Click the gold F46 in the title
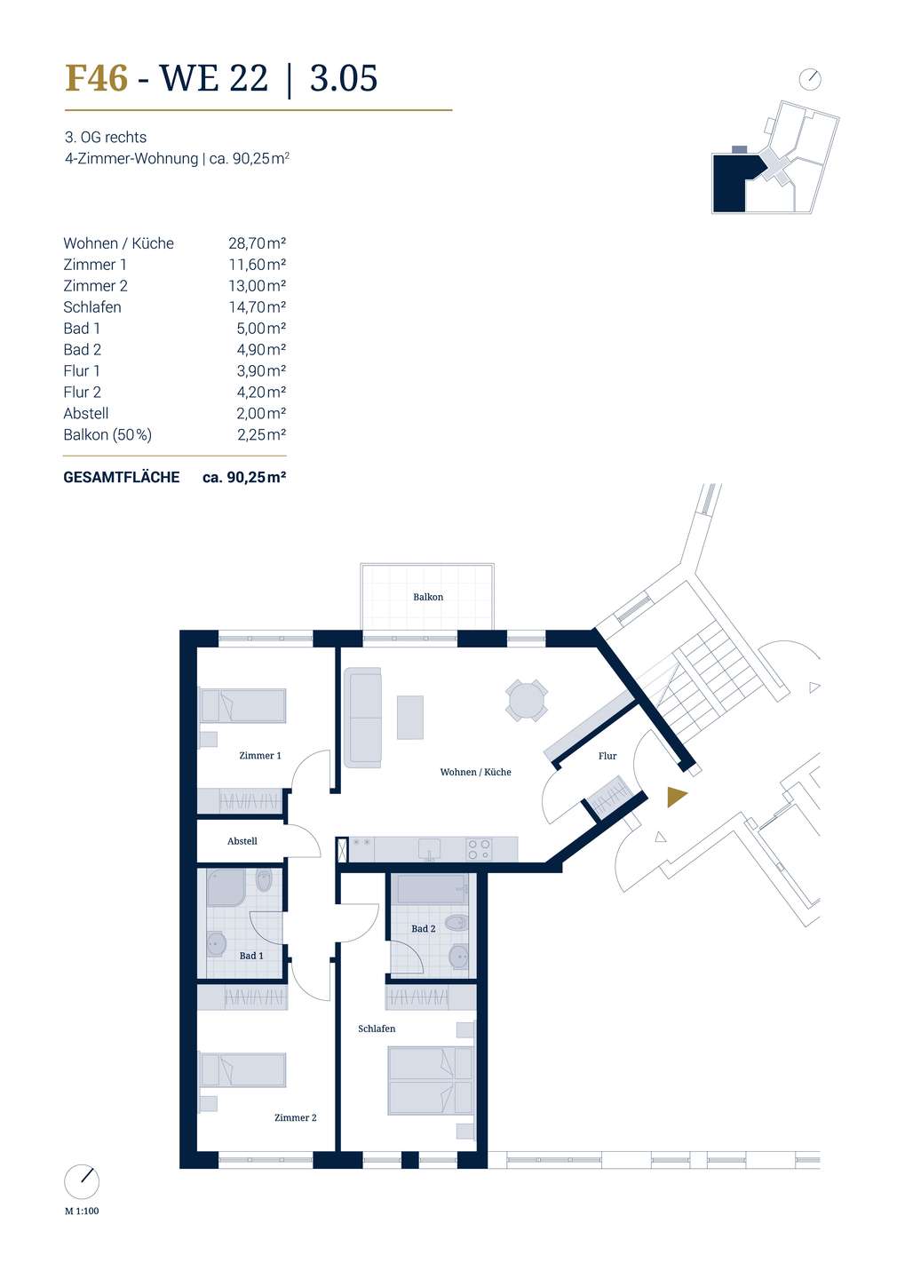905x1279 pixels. pyautogui.click(x=96, y=78)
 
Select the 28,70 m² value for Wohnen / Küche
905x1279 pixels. pyautogui.click(x=257, y=243)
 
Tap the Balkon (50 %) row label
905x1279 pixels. pyautogui.click(x=107, y=435)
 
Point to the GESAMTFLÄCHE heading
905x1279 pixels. pyautogui.click(x=121, y=477)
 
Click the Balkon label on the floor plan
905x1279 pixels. pyautogui.click(x=428, y=597)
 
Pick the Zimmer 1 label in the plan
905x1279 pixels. pyautogui.click(x=260, y=755)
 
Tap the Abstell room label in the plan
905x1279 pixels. pyautogui.click(x=242, y=841)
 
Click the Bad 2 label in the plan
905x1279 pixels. pyautogui.click(x=423, y=928)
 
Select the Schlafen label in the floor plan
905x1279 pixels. pyautogui.click(x=377, y=1029)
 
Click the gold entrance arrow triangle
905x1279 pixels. pyautogui.click(x=675, y=797)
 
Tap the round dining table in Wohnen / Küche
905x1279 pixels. pyautogui.click(x=526, y=701)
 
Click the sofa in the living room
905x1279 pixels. pyautogui.click(x=363, y=717)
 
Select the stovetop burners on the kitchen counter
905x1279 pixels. pyautogui.click(x=479, y=849)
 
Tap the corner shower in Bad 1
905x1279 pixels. pyautogui.click(x=226, y=888)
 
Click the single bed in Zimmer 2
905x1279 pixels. pyautogui.click(x=242, y=1069)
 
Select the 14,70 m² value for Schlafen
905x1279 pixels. pyautogui.click(x=257, y=307)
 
